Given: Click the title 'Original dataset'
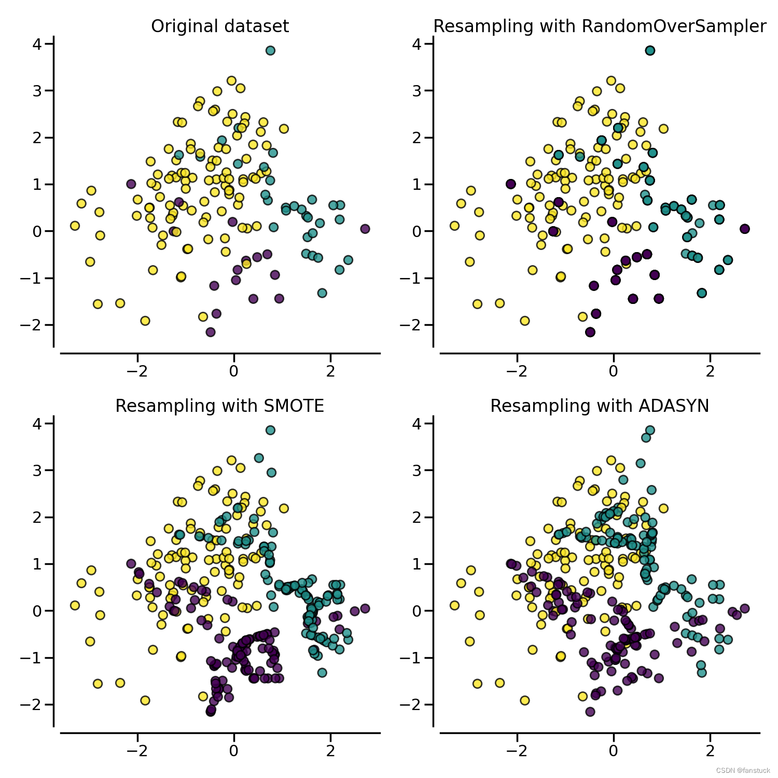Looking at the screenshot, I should (220, 26).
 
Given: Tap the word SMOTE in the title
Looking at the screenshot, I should (294, 406).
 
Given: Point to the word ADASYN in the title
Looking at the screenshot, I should (674, 406).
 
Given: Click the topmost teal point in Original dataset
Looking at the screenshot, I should (270, 50).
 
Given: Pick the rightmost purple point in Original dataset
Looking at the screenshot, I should (365, 229).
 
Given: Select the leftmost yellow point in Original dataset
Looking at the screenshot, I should (75, 226).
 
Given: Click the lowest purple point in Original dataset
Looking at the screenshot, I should (211, 332).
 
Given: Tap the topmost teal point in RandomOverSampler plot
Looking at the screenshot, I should (650, 50).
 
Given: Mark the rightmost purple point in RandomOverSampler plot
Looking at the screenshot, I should (745, 229).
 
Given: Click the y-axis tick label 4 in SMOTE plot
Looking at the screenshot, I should (37, 424).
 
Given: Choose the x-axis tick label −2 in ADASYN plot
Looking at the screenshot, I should (517, 751).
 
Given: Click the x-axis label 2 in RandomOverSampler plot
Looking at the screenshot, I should (710, 371).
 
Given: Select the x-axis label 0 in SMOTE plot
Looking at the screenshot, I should (234, 751).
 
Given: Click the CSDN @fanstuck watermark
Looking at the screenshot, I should (743, 771).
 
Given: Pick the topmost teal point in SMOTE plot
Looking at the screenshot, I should (270, 430).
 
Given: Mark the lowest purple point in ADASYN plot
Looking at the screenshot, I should (590, 712).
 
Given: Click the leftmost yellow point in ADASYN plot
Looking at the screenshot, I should (454, 605).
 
